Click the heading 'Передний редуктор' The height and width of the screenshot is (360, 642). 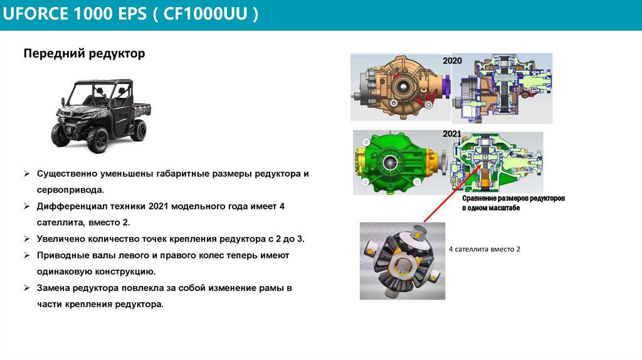click(84, 54)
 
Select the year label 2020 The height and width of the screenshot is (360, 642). click(452, 61)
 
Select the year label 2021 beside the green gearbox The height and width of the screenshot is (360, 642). click(452, 134)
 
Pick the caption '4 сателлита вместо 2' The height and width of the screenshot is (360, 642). click(485, 249)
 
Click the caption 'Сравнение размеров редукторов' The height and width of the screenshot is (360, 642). click(513, 198)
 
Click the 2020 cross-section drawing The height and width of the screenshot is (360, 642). click(507, 89)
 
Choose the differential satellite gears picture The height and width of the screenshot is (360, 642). click(402, 260)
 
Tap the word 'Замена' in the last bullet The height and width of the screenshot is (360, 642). click(53, 289)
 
